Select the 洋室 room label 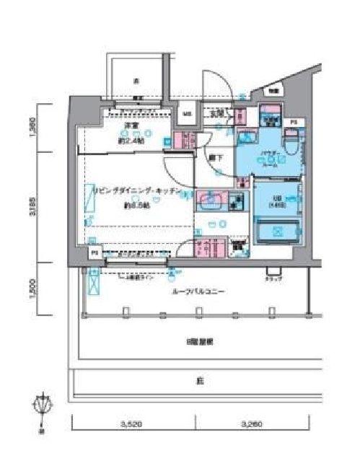click(x=131, y=127)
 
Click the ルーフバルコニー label click(x=190, y=293)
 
